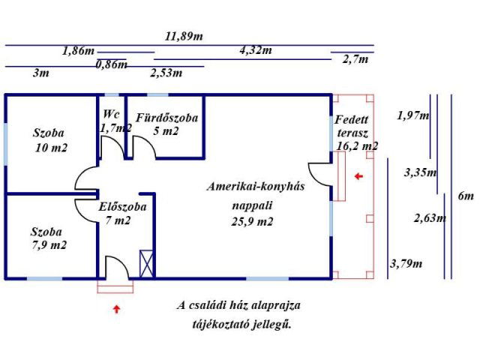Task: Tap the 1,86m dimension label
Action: [x=78, y=51]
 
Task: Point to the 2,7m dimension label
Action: [x=355, y=59]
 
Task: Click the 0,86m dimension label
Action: [x=111, y=64]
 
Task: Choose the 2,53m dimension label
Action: [x=166, y=73]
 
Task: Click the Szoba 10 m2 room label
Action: [x=49, y=140]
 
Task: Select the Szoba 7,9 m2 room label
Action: [x=48, y=238]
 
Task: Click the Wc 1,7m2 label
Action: [x=114, y=121]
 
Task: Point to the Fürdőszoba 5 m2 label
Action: [x=166, y=124]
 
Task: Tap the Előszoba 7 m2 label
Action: [x=122, y=213]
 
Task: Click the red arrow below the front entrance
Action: [x=115, y=307]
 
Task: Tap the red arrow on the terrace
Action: [x=358, y=176]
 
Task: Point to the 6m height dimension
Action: [x=466, y=196]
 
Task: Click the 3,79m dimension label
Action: [x=406, y=263]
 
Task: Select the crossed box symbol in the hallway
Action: [x=146, y=262]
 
